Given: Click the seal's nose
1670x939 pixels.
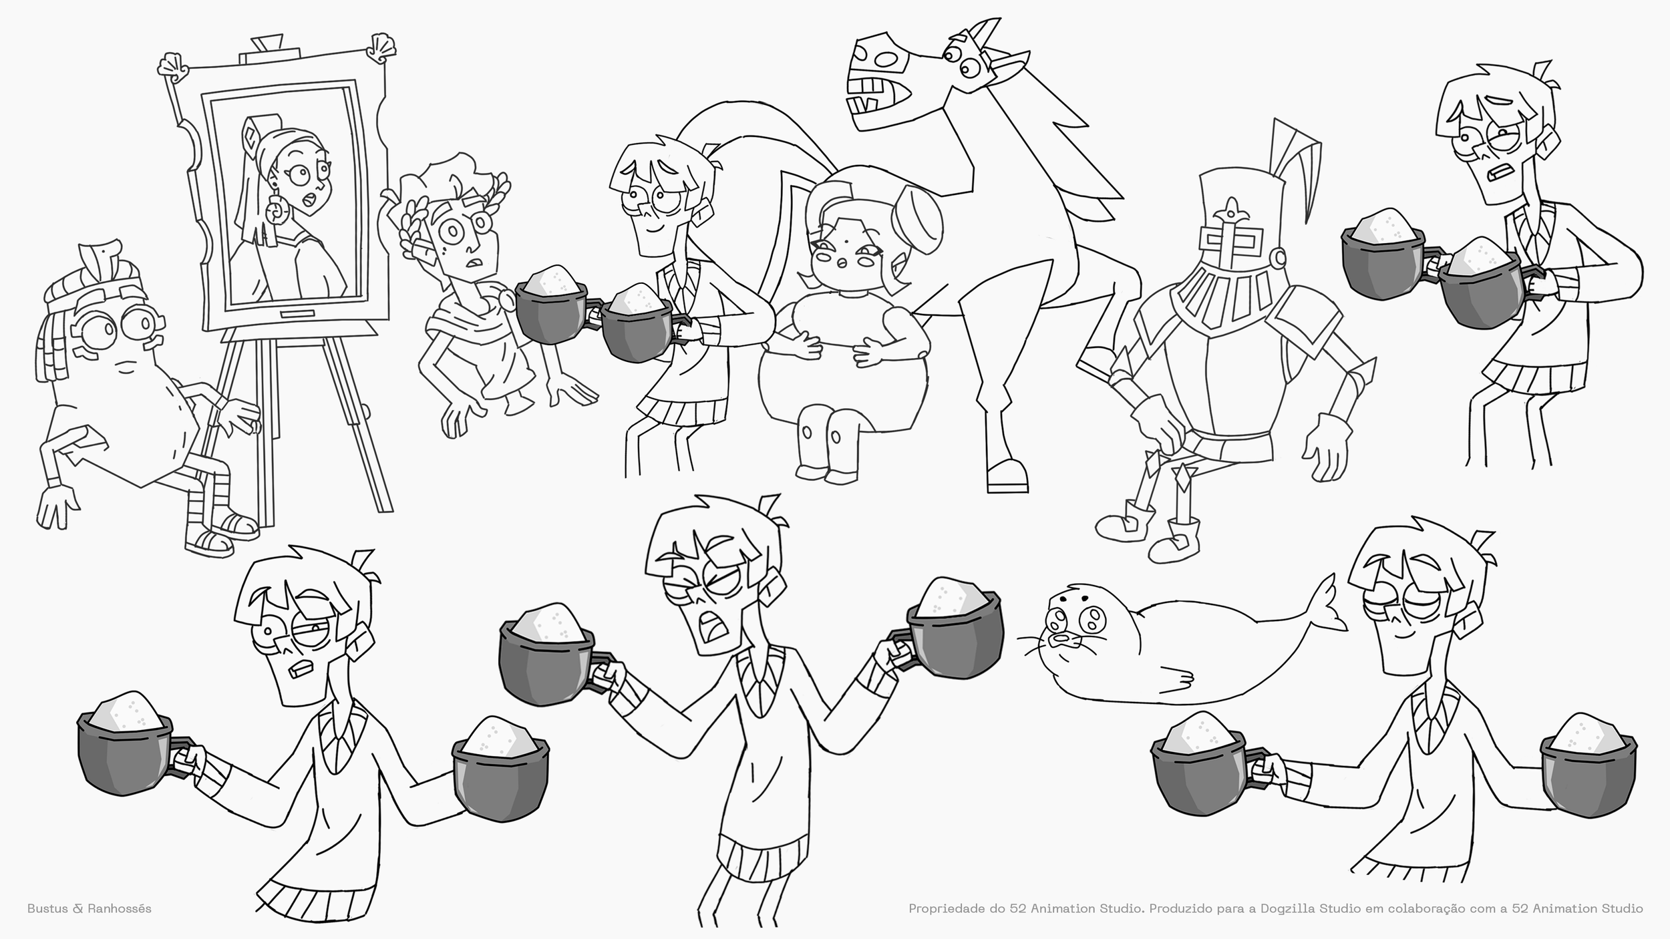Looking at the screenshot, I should pos(1061,638).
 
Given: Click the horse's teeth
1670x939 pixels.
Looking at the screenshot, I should pos(868,90).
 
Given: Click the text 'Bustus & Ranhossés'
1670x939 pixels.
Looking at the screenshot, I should pos(89,908).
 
